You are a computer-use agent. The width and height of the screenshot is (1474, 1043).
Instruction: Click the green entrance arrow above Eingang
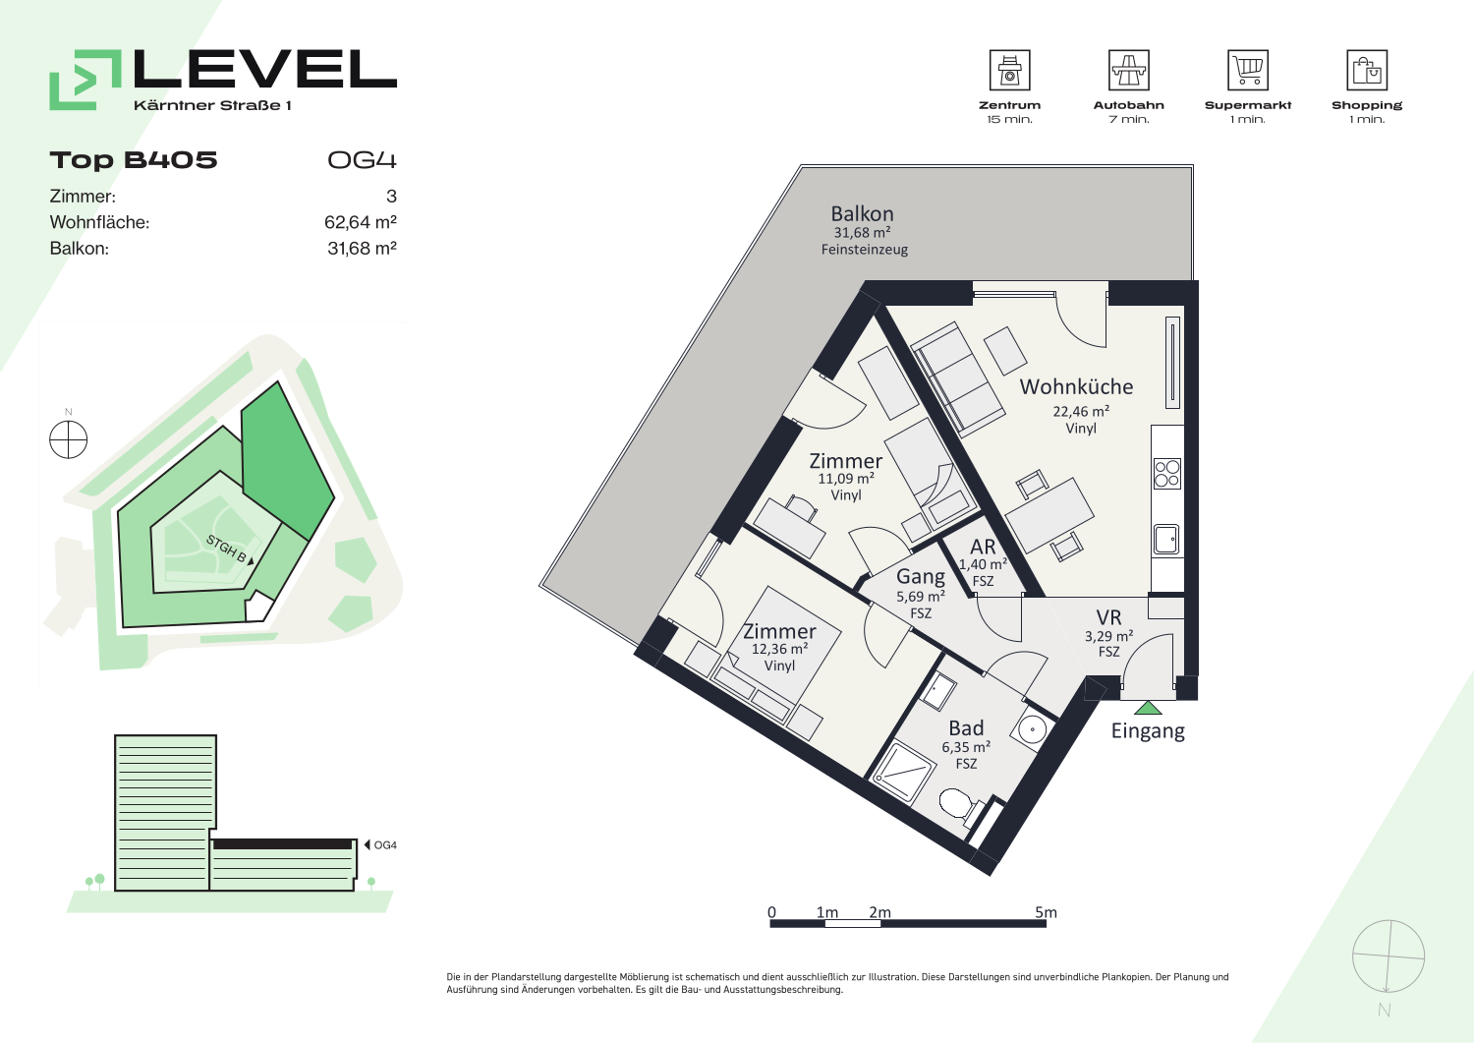1149,709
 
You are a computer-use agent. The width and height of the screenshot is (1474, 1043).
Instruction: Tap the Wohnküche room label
1077,386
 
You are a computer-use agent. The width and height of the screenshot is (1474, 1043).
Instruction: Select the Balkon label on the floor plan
862,214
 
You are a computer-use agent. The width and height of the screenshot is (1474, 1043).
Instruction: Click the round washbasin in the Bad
1033,729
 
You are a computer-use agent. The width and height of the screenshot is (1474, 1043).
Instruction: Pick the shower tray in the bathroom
903,774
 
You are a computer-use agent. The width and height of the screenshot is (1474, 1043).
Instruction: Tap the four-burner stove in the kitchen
1166,474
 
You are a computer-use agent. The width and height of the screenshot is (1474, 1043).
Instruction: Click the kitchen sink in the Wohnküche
1166,540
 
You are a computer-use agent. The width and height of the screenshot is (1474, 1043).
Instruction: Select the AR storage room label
983,547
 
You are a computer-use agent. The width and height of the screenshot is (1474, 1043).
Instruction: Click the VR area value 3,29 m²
1108,636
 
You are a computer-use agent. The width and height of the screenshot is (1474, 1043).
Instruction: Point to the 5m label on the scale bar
1046,912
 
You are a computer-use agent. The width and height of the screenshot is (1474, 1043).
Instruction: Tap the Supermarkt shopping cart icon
1248,70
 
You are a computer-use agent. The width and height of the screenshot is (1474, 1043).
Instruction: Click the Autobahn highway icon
1128,70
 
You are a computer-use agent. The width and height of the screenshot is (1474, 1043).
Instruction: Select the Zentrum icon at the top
1009,70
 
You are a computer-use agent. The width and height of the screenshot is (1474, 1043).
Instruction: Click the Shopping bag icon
1367,70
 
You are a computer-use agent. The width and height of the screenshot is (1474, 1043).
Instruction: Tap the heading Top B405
134,160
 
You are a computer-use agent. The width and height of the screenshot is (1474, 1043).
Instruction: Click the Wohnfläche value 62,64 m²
361,222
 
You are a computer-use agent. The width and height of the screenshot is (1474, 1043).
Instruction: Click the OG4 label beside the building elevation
385,844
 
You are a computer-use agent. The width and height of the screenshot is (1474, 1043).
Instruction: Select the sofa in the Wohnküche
956,379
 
